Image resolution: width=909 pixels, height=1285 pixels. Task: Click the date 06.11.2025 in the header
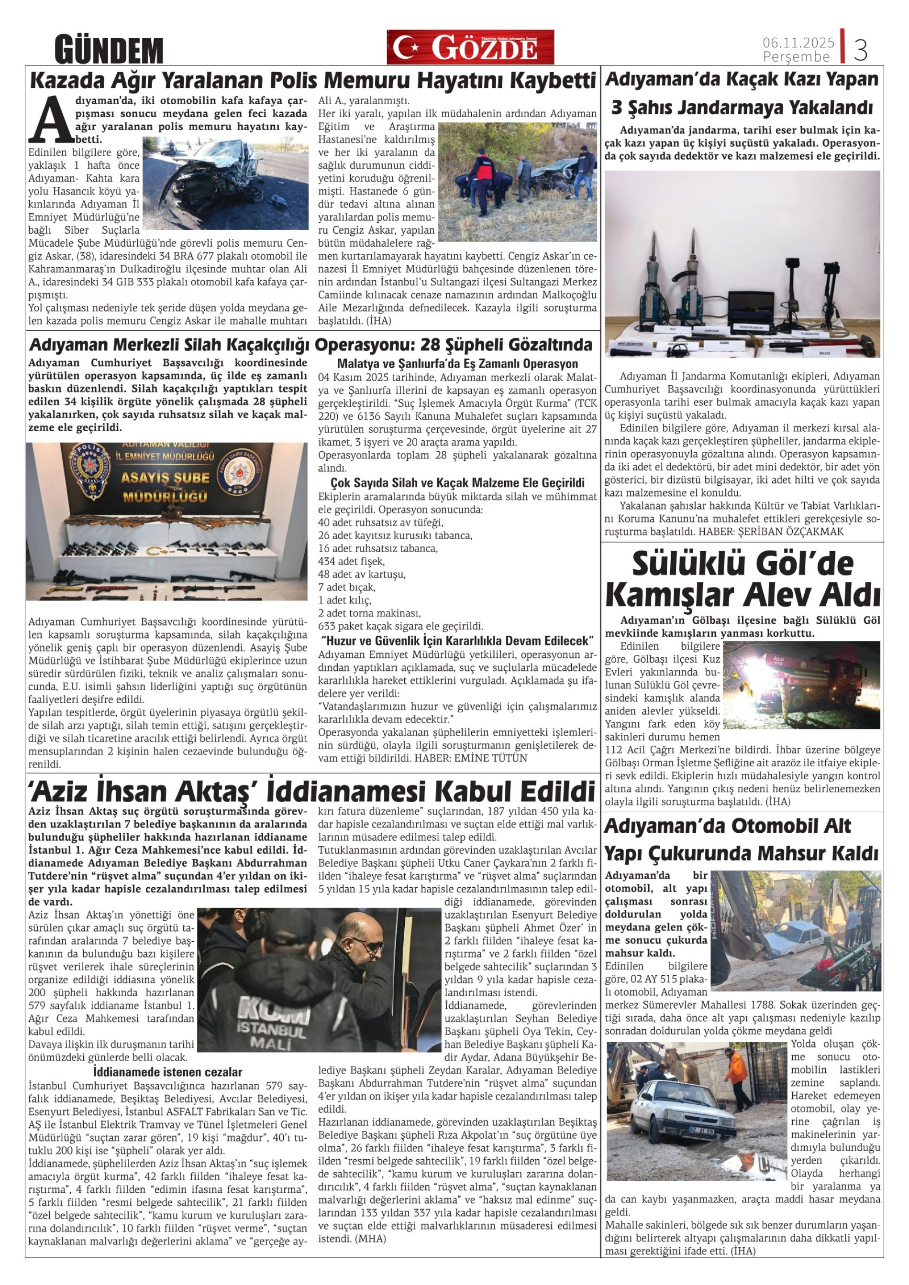(798, 43)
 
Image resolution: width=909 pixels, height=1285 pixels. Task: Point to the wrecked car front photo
(224, 184)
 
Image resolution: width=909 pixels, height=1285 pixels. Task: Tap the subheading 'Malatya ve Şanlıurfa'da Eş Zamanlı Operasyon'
(457, 364)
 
